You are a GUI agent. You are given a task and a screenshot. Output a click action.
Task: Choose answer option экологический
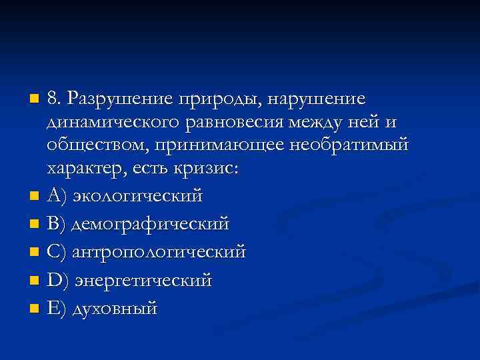(x=137, y=197)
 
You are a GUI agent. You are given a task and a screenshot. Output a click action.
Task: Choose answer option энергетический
(x=143, y=281)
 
